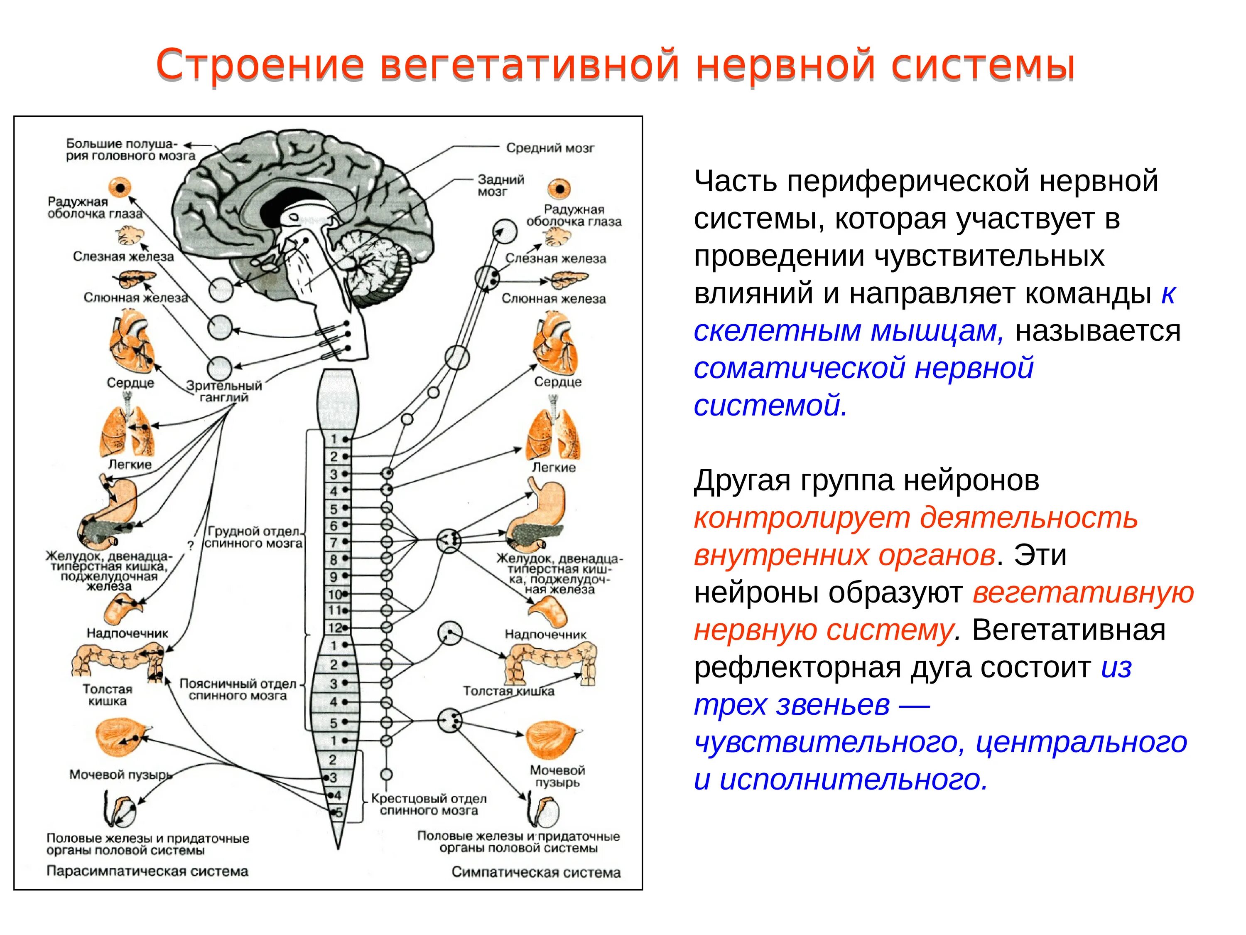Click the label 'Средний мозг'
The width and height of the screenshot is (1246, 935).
[550, 148]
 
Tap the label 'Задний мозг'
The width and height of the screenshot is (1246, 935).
[500, 185]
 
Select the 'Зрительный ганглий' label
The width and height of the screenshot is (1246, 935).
[224, 391]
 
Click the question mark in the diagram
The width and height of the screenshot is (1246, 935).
[190, 546]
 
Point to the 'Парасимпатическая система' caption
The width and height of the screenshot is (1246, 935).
[147, 871]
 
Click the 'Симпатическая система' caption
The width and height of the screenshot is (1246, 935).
[536, 872]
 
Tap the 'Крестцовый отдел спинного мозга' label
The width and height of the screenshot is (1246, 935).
[428, 805]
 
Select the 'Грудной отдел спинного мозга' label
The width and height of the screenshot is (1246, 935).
[253, 537]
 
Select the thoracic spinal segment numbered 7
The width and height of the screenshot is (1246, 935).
[334, 542]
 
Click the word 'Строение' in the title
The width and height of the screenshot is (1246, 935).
[260, 65]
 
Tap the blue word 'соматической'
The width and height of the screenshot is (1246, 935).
[799, 368]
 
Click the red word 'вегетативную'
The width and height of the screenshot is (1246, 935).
[1083, 592]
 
